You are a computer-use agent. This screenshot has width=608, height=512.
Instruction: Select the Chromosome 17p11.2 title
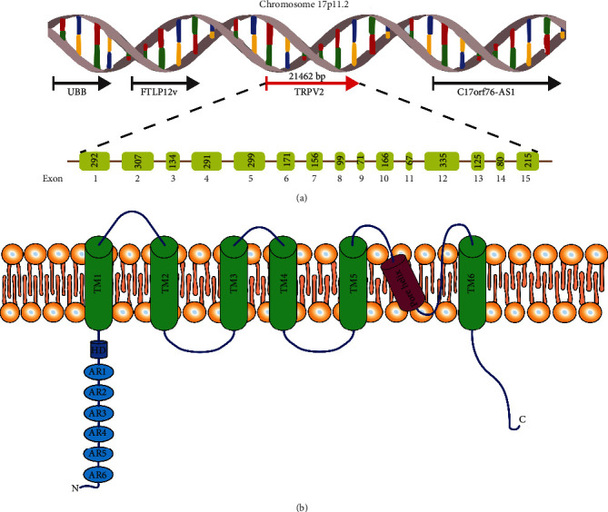(x=304, y=6)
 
